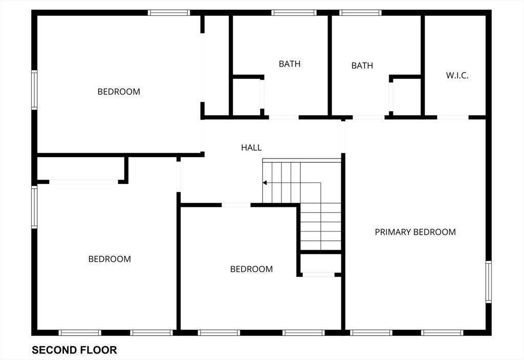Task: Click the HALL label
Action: [x=251, y=147]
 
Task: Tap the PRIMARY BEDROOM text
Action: [x=415, y=232]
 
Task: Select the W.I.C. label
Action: [x=457, y=75]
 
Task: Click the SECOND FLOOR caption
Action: [x=74, y=350]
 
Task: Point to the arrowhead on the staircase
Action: [x=265, y=183]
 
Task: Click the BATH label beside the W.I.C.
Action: [x=362, y=65]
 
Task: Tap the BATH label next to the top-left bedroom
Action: [x=290, y=64]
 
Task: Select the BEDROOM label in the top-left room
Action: [x=119, y=92]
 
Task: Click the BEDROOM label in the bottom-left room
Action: [x=110, y=259]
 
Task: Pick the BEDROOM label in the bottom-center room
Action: [x=251, y=269]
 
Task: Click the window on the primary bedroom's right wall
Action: [x=489, y=282]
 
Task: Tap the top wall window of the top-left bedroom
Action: [x=169, y=13]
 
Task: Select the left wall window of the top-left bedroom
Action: [x=34, y=90]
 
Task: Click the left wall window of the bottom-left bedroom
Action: [x=34, y=207]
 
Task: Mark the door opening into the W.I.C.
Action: [x=453, y=117]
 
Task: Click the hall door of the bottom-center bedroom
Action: [x=236, y=205]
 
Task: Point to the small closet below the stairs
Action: [x=321, y=263]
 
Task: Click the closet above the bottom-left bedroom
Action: [x=80, y=169]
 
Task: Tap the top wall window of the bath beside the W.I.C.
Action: [x=360, y=13]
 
